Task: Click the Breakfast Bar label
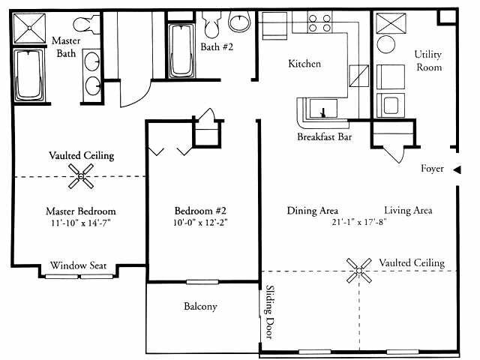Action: click(325, 138)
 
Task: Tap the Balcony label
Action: click(200, 306)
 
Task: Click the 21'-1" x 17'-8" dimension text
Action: click(350, 223)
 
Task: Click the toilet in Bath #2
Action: click(212, 28)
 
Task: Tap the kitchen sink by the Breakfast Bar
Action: click(323, 109)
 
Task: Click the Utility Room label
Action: click(429, 61)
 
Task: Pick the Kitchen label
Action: click(304, 64)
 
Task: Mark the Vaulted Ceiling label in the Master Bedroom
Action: click(81, 155)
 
